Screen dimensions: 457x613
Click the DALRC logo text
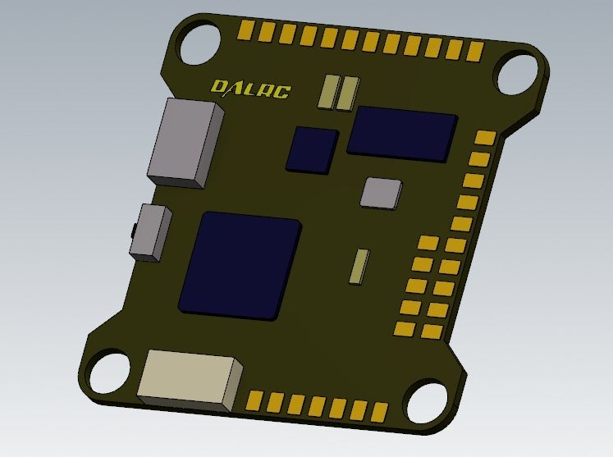(250, 88)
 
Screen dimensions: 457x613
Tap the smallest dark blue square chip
(312, 149)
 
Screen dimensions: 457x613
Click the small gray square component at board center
(382, 193)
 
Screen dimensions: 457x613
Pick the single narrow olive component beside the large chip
(359, 266)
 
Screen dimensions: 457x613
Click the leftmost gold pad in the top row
(245, 30)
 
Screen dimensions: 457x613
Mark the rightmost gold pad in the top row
(474, 52)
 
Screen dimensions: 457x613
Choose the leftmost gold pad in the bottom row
(254, 400)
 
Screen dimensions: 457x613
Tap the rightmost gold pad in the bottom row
(378, 411)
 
